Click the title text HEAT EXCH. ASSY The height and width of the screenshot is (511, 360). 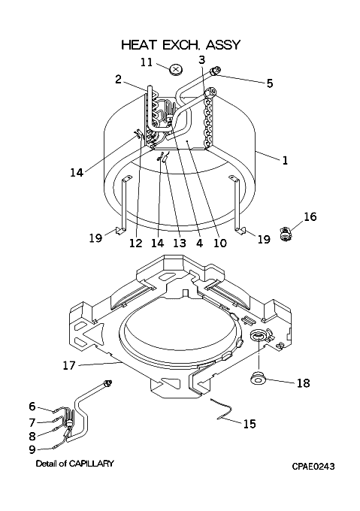pyautogui.click(x=181, y=44)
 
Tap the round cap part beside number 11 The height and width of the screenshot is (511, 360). pyautogui.click(x=176, y=69)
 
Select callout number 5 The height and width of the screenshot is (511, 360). pyautogui.click(x=269, y=83)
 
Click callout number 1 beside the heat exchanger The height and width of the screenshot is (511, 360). pyautogui.click(x=285, y=160)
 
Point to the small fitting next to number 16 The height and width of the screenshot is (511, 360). pyautogui.click(x=285, y=234)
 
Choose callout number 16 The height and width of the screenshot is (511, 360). pyautogui.click(x=310, y=216)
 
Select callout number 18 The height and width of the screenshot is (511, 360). pyautogui.click(x=303, y=382)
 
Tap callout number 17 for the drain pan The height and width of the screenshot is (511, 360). pyautogui.click(x=68, y=365)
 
